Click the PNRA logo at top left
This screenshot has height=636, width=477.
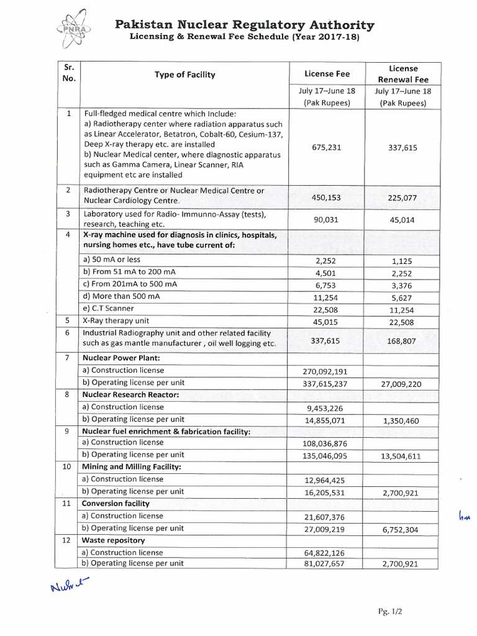73,28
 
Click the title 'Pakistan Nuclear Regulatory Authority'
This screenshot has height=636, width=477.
245,25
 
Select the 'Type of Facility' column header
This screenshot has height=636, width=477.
184,75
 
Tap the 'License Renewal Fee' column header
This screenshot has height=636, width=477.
403,74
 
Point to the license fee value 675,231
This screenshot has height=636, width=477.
327,148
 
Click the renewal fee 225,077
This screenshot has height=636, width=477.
403,198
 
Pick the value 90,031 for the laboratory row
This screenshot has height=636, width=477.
327,219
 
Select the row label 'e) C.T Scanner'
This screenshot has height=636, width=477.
108,308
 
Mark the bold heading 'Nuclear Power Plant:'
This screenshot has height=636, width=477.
121,358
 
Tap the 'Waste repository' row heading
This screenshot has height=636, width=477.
114,540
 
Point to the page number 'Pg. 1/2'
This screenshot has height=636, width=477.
389,612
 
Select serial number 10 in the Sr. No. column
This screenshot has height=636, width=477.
67,467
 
